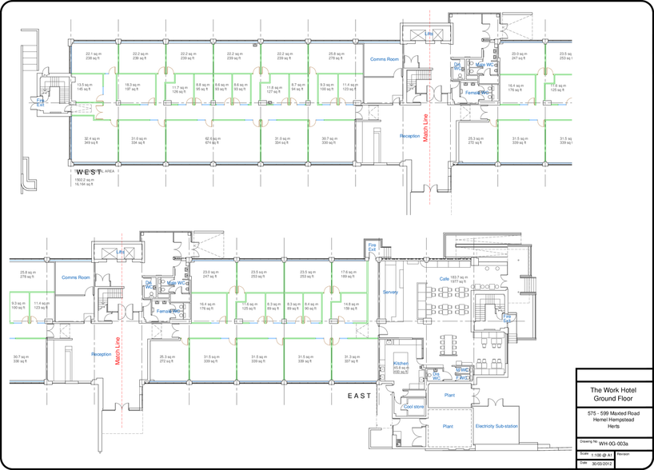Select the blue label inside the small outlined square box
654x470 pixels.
tap(372, 249)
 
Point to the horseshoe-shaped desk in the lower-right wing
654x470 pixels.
tap(488, 309)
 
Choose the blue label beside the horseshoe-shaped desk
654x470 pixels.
tap(507, 318)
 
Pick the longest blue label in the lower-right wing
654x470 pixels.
tap(495, 426)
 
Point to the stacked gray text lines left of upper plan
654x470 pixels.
tap(30, 56)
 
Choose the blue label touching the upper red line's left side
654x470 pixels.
tap(412, 136)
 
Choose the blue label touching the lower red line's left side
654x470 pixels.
tap(102, 353)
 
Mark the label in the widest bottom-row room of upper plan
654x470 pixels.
tap(211, 141)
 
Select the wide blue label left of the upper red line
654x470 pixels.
tap(384, 59)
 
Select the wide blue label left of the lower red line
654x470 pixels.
tap(75, 277)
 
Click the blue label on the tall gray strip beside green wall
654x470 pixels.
tap(390, 293)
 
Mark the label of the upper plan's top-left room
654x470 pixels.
tap(94, 56)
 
